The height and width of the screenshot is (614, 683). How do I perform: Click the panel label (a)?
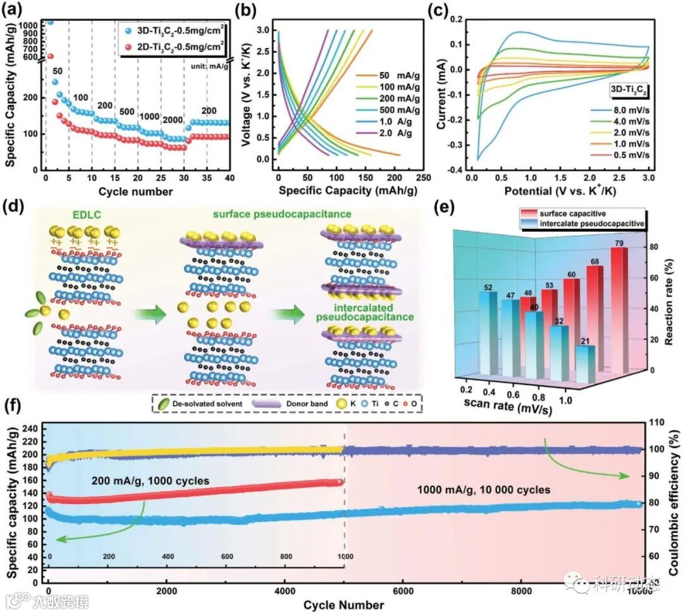pos(16,10)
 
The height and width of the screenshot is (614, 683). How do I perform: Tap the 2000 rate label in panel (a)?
pos(171,120)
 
